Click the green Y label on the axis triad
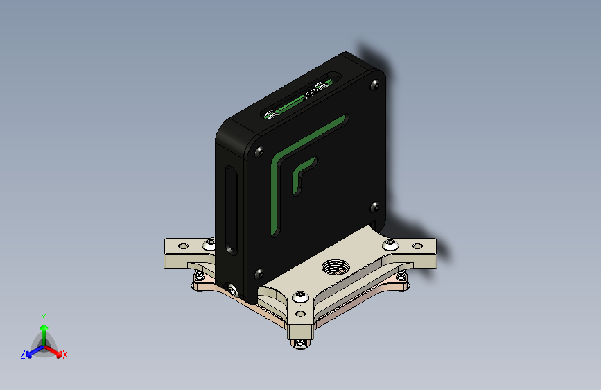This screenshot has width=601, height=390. [44, 317]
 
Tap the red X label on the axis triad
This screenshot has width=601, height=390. [64, 355]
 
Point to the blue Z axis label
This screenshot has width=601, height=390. [23, 355]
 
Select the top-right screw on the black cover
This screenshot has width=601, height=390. [374, 85]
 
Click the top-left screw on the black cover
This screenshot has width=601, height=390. [259, 151]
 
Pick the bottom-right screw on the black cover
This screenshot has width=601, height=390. [374, 207]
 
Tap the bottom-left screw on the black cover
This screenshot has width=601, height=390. [259, 274]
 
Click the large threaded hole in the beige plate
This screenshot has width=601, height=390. [336, 266]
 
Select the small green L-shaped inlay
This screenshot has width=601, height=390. [303, 174]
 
